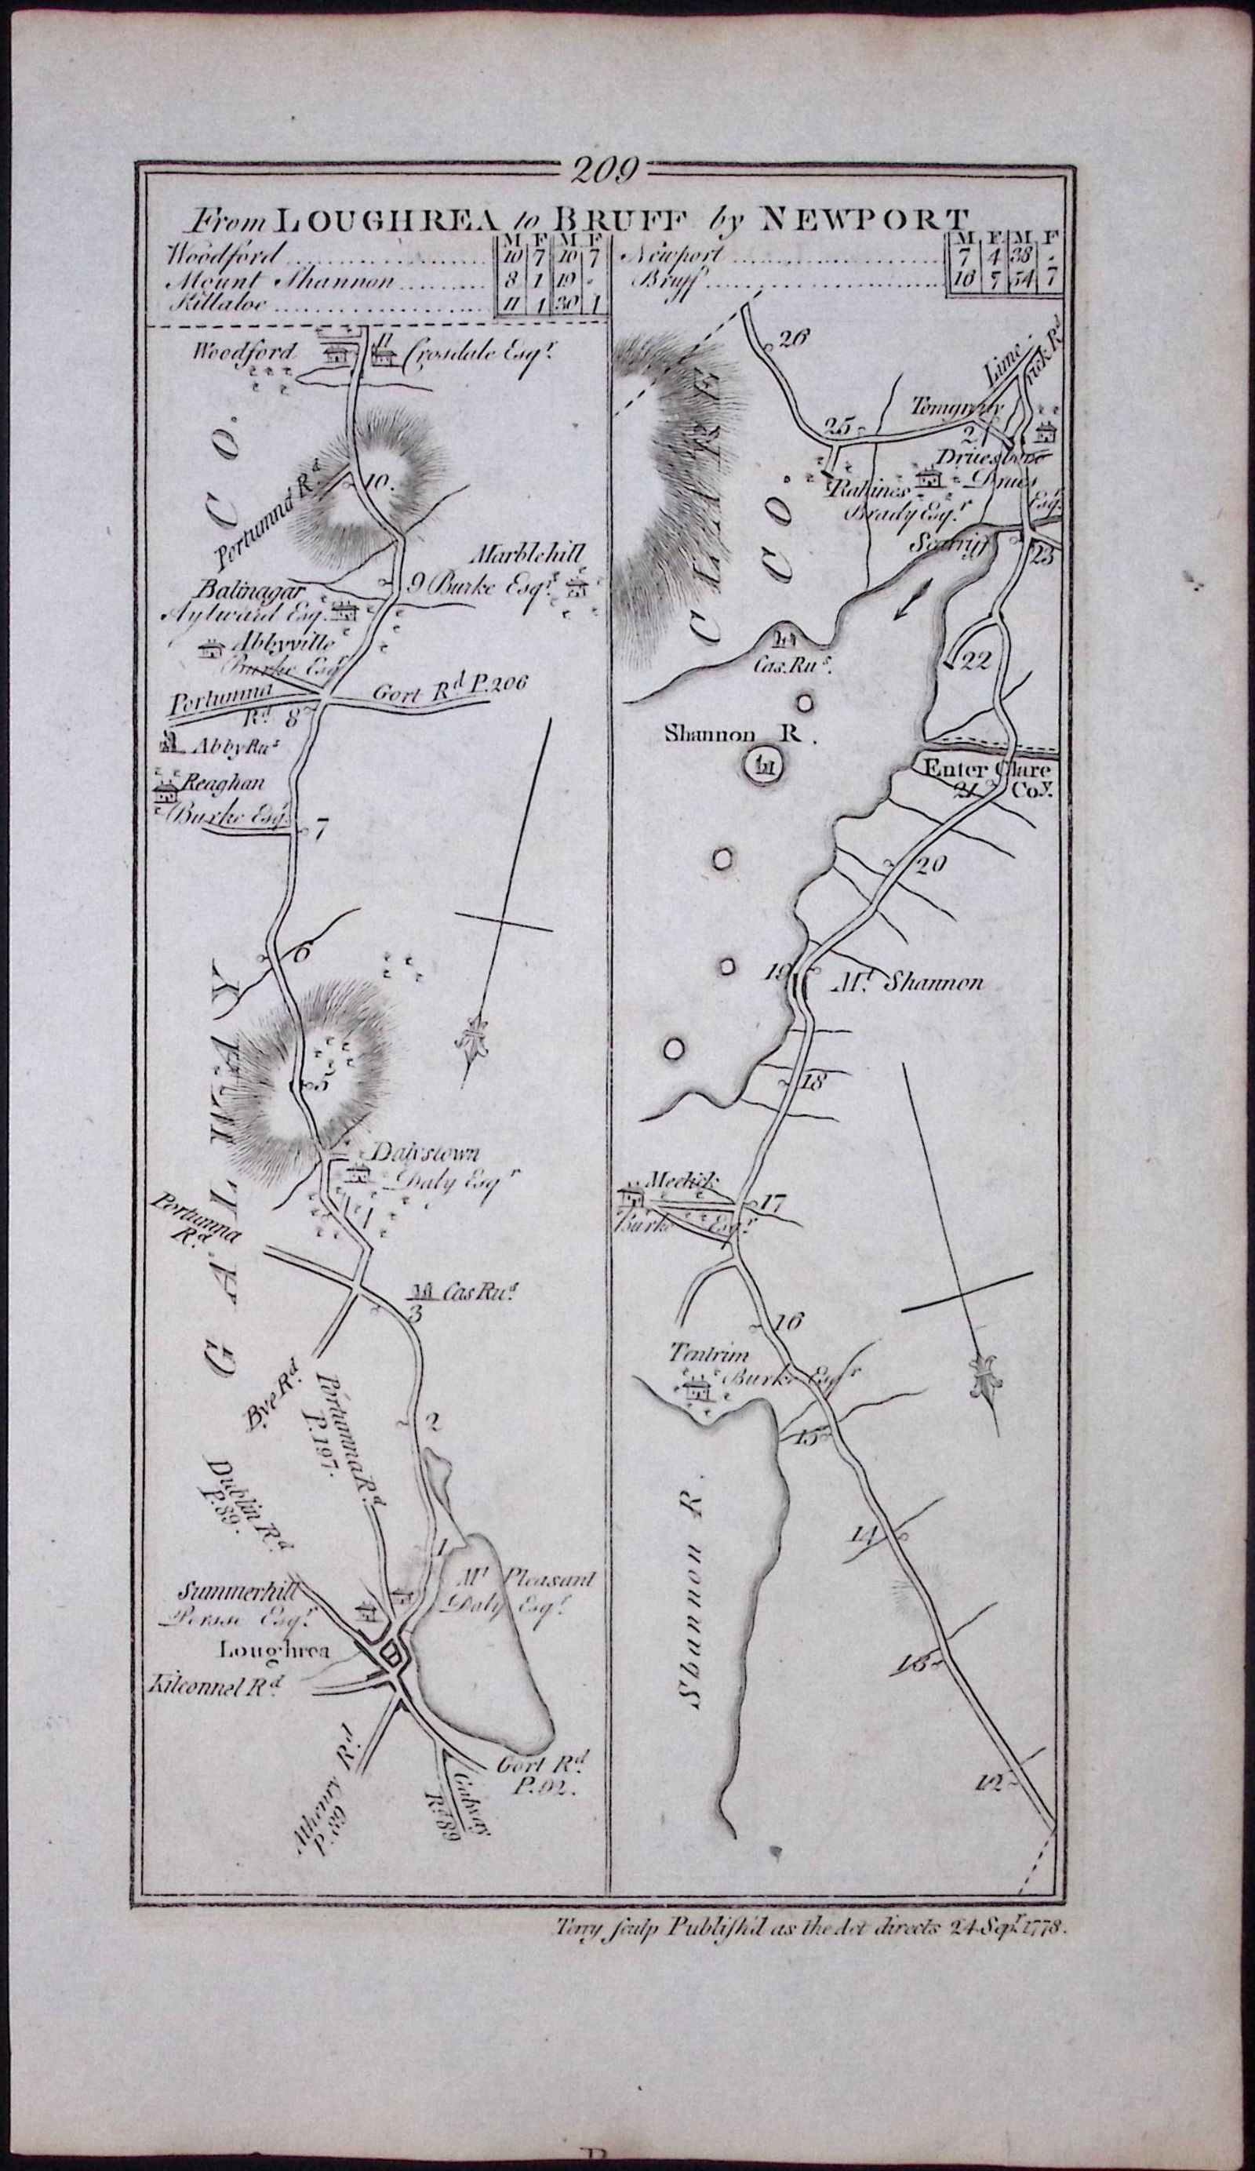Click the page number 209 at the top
[603, 169]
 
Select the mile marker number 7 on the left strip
[322, 832]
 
